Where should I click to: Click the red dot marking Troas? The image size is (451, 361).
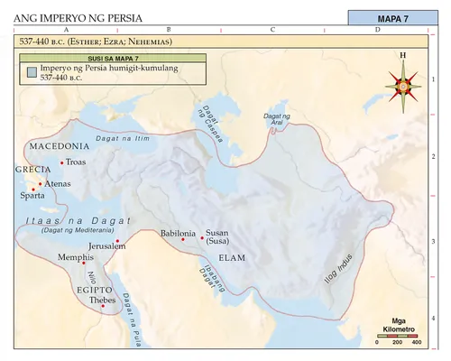(61, 162)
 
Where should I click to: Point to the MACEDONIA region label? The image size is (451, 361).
(59, 145)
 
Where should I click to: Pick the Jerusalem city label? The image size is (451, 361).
(106, 245)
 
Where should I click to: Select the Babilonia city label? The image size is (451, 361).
(178, 234)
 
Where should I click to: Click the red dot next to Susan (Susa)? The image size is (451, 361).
(202, 234)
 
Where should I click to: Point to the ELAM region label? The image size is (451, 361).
(232, 257)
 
